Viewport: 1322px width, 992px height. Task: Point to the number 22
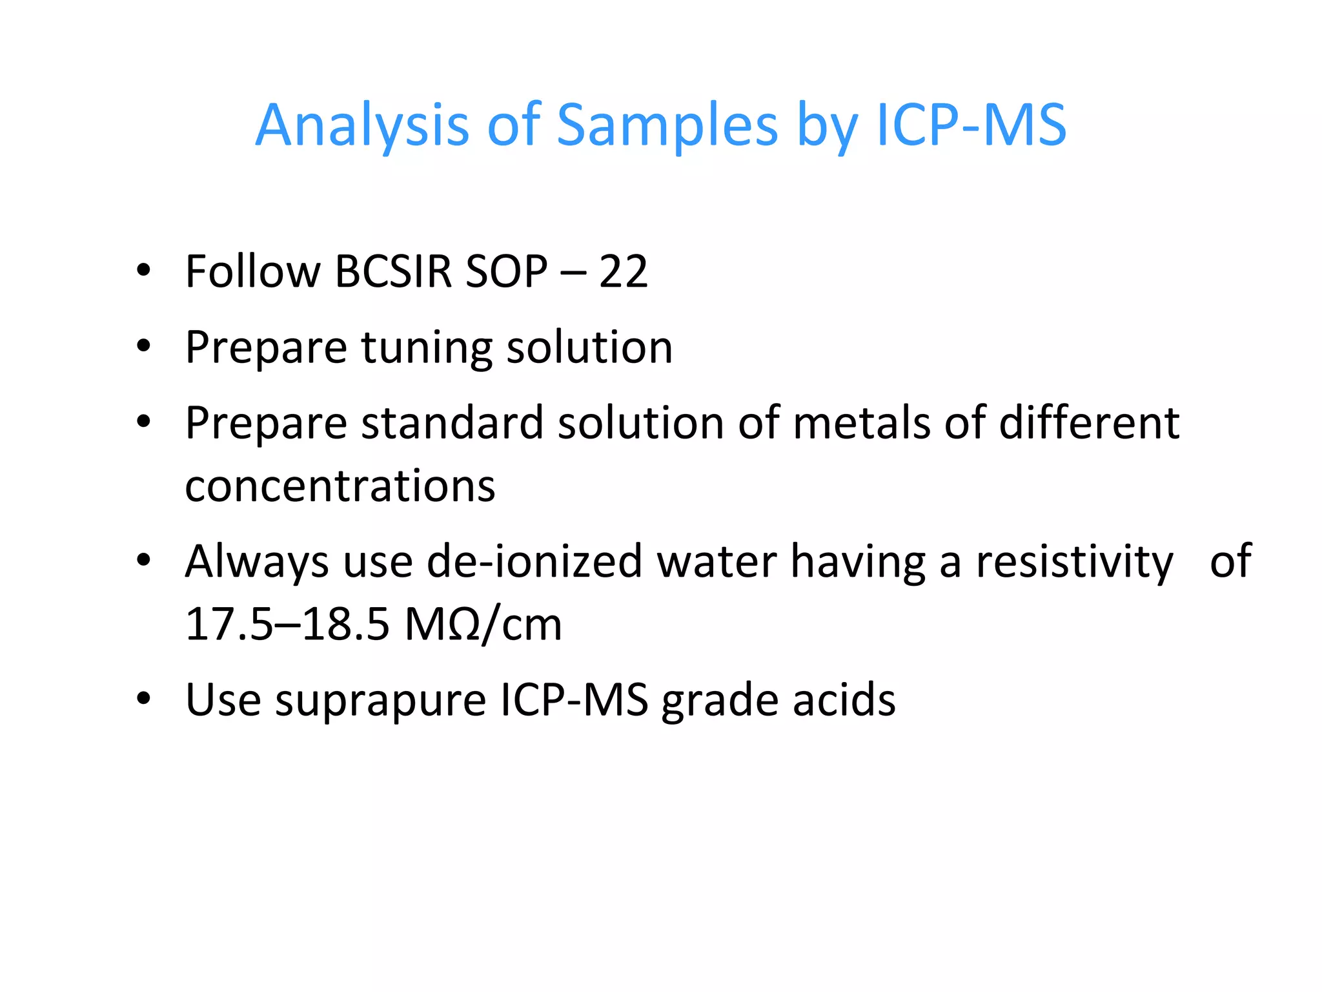623,271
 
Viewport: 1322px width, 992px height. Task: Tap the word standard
452,423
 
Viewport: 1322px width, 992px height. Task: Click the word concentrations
340,486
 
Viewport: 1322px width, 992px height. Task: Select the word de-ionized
534,561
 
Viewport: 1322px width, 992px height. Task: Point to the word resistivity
1074,561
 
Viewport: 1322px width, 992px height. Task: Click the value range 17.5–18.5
287,625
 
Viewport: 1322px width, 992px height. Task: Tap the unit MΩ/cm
483,625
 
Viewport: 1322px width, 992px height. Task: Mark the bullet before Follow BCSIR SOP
143,270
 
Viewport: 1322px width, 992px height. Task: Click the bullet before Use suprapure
143,699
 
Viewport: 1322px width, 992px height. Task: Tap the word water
717,561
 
